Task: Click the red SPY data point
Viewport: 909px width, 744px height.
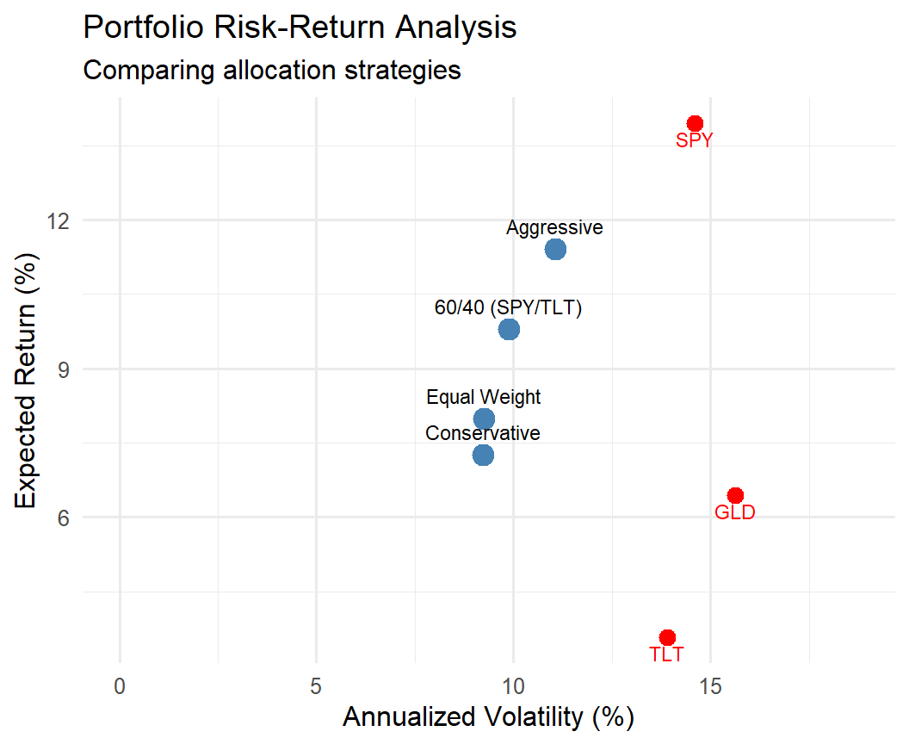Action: (695, 124)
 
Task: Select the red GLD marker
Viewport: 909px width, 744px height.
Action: (735, 495)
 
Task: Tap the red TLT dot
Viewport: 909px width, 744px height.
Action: (667, 637)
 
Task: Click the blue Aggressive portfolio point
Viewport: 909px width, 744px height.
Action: (555, 249)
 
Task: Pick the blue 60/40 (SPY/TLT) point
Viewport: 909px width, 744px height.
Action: (509, 329)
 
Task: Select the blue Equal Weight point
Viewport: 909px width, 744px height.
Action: (484, 418)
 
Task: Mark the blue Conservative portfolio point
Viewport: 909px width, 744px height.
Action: (483, 454)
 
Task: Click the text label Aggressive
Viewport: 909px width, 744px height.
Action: (554, 228)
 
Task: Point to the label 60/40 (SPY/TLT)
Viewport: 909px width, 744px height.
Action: (508, 308)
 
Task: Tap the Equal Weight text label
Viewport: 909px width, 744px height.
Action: (484, 397)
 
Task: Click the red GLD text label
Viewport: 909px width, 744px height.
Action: (735, 513)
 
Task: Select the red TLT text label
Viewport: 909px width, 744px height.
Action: (667, 654)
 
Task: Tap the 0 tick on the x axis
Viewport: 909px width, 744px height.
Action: (120, 686)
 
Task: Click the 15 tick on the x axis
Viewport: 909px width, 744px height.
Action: (710, 686)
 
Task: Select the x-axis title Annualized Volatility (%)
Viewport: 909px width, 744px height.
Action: (488, 717)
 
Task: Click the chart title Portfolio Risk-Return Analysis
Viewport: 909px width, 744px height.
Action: (300, 28)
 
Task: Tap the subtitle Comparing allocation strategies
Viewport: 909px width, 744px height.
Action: (272, 70)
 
